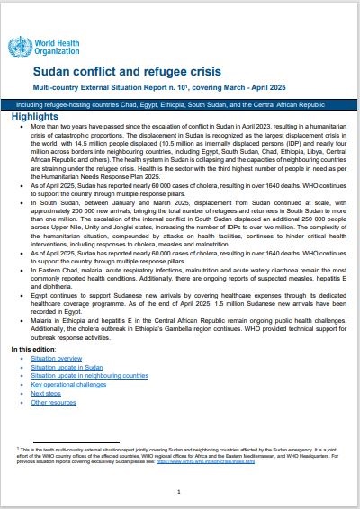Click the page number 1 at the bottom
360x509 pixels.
click(179, 491)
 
